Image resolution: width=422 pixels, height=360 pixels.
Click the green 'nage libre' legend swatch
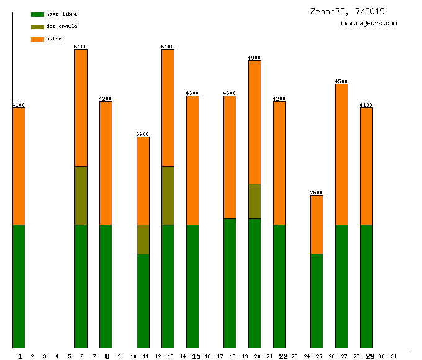click(x=37, y=14)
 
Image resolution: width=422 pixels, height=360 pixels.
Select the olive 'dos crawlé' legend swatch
click(x=37, y=27)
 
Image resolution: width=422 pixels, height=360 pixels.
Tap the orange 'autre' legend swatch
click(x=37, y=39)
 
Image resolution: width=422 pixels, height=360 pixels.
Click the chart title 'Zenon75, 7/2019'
click(x=348, y=11)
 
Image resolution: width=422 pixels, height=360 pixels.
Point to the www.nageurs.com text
click(x=369, y=24)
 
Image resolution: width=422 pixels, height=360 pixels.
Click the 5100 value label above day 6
click(x=81, y=47)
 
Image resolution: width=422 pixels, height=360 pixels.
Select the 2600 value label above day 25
click(x=316, y=192)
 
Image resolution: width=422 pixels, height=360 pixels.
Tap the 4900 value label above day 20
click(x=254, y=58)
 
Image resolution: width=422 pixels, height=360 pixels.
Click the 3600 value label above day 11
click(x=143, y=134)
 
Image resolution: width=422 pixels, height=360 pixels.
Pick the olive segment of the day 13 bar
click(x=168, y=196)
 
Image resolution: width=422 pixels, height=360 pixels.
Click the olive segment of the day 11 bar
click(x=143, y=239)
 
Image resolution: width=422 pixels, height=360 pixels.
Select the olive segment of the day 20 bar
click(x=254, y=201)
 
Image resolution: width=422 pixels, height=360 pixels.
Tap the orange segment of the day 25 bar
click(x=316, y=224)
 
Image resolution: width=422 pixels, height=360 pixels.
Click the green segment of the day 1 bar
click(x=19, y=286)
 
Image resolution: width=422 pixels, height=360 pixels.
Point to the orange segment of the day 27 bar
click(x=341, y=154)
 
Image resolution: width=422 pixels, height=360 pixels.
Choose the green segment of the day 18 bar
click(x=230, y=282)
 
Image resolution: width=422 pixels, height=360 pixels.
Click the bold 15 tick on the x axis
click(x=196, y=356)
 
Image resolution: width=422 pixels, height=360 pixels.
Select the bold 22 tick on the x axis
click(x=283, y=356)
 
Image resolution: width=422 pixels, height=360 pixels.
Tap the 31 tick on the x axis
click(x=393, y=356)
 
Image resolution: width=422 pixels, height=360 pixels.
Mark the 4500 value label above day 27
click(x=341, y=81)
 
